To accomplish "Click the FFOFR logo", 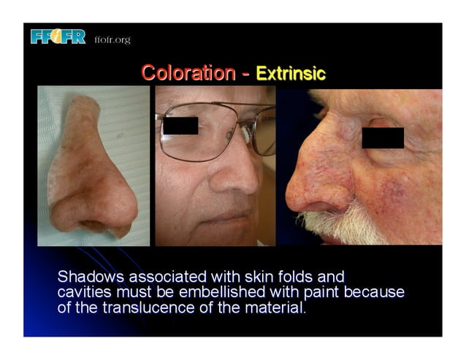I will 58,37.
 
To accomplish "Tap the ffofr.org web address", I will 112,39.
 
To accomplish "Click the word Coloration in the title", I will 188,73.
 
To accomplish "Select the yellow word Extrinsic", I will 291,74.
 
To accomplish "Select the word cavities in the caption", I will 85,293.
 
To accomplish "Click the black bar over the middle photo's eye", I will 180,126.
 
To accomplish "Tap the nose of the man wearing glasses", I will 244,175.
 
